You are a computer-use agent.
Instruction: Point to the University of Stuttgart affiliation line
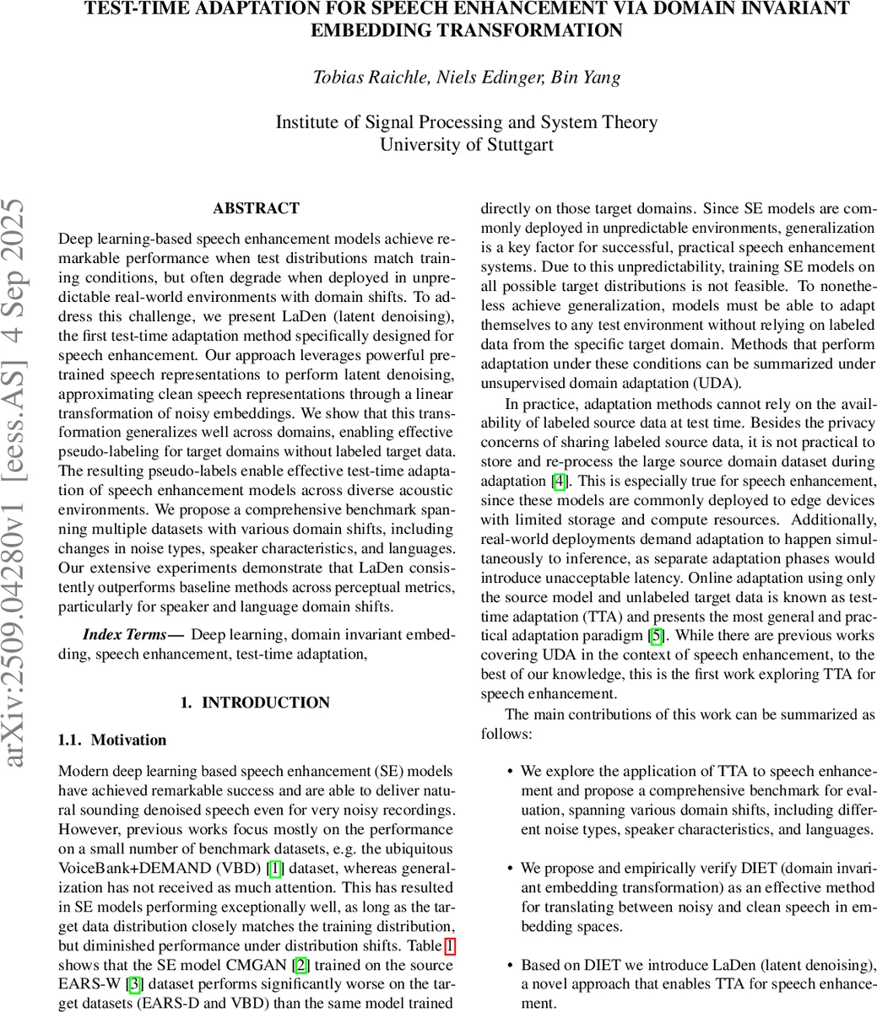(467, 144)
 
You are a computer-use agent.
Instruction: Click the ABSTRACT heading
(256, 208)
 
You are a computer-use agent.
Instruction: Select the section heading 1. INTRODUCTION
(256, 702)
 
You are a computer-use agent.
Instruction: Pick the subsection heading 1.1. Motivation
(112, 740)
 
